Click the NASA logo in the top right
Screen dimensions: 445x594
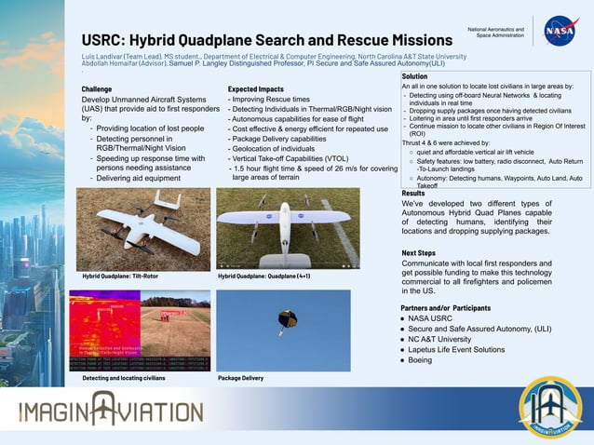pyautogui.click(x=560, y=31)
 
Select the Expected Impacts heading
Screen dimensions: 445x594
pyautogui.click(x=256, y=88)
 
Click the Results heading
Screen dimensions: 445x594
pyautogui.click(x=413, y=193)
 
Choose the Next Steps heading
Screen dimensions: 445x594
pyautogui.click(x=418, y=252)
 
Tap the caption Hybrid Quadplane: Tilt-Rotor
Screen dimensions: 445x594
pyautogui.click(x=119, y=276)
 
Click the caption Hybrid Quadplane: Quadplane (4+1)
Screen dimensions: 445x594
pyautogui.click(x=263, y=276)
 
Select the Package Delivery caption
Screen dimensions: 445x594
pyautogui.click(x=240, y=378)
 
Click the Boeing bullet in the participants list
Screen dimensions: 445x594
pyautogui.click(x=420, y=359)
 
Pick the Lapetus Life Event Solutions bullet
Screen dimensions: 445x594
pyautogui.click(x=456, y=349)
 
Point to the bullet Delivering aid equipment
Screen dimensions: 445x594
pyautogui.click(x=138, y=178)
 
